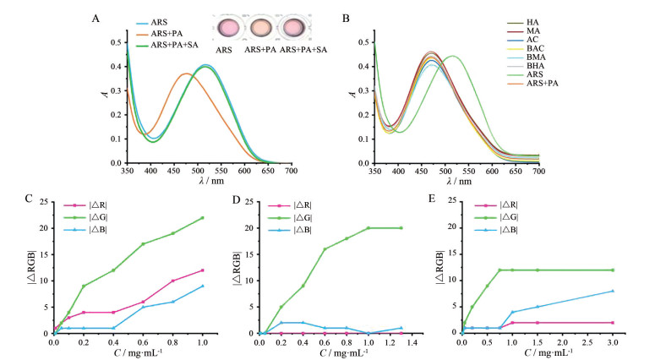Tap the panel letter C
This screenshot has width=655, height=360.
click(28, 200)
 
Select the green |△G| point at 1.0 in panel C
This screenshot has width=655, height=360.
click(202, 217)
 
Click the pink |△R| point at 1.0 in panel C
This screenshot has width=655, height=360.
click(202, 270)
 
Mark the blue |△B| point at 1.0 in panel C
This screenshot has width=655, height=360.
click(202, 286)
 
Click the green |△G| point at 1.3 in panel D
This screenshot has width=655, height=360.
click(401, 228)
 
